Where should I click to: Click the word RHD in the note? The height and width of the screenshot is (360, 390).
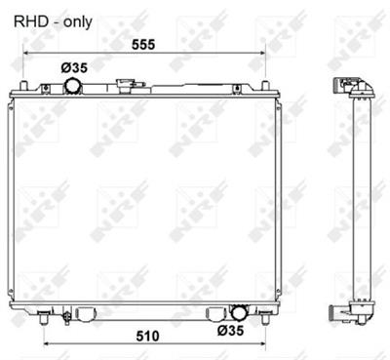coord(24,19)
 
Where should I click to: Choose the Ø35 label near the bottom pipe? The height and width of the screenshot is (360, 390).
coord(253,330)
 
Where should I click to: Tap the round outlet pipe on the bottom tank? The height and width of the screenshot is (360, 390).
coord(237,313)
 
